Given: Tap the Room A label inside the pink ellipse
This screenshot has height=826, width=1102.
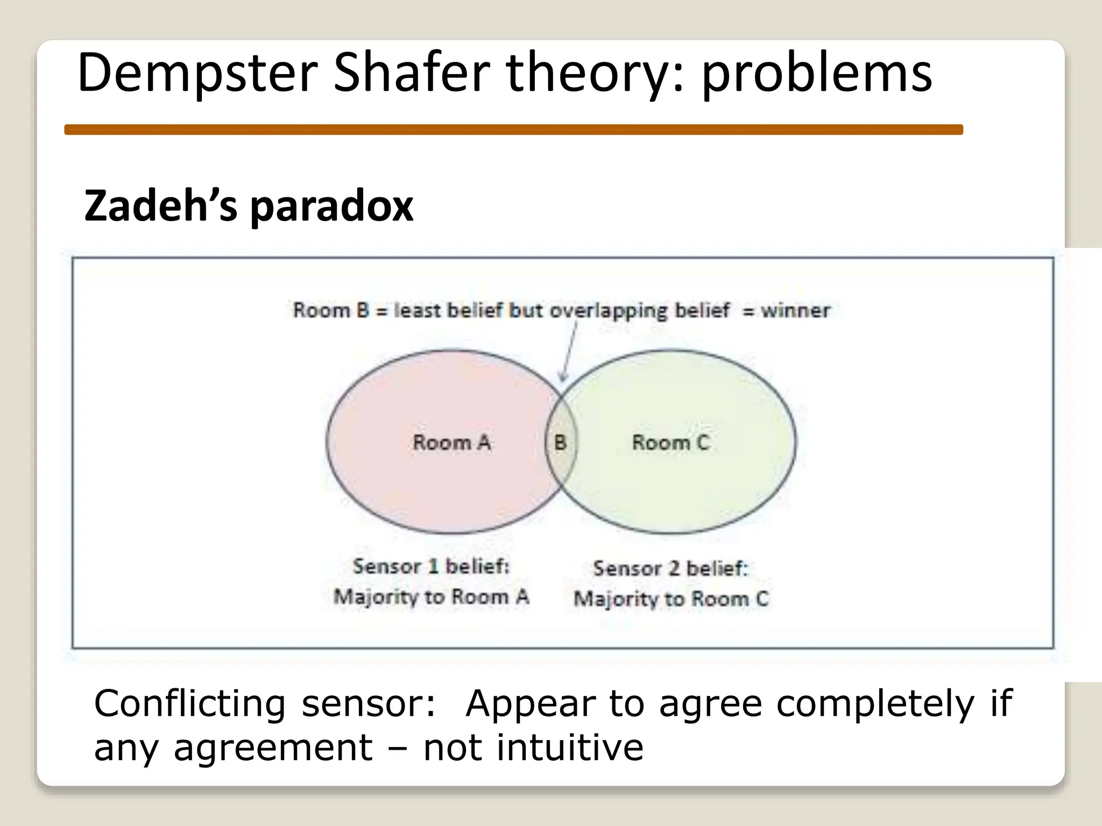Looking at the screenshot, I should coord(452,443).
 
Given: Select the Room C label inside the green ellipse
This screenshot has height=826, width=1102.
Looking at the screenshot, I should coord(670,443).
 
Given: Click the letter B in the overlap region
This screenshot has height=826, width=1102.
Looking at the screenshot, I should coord(560,443).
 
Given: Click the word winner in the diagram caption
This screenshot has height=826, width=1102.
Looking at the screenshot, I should coord(795,310).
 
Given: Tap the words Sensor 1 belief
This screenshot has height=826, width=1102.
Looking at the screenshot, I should coord(431,566).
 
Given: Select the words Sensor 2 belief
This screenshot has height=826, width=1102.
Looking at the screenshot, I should coord(670,568).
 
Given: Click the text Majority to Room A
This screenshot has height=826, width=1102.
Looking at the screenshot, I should coord(431,597).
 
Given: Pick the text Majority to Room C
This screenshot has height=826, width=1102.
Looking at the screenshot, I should coord(670,599).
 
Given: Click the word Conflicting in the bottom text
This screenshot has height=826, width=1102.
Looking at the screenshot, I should coord(189,703).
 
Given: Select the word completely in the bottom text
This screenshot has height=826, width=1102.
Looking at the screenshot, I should coord(875,703).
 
